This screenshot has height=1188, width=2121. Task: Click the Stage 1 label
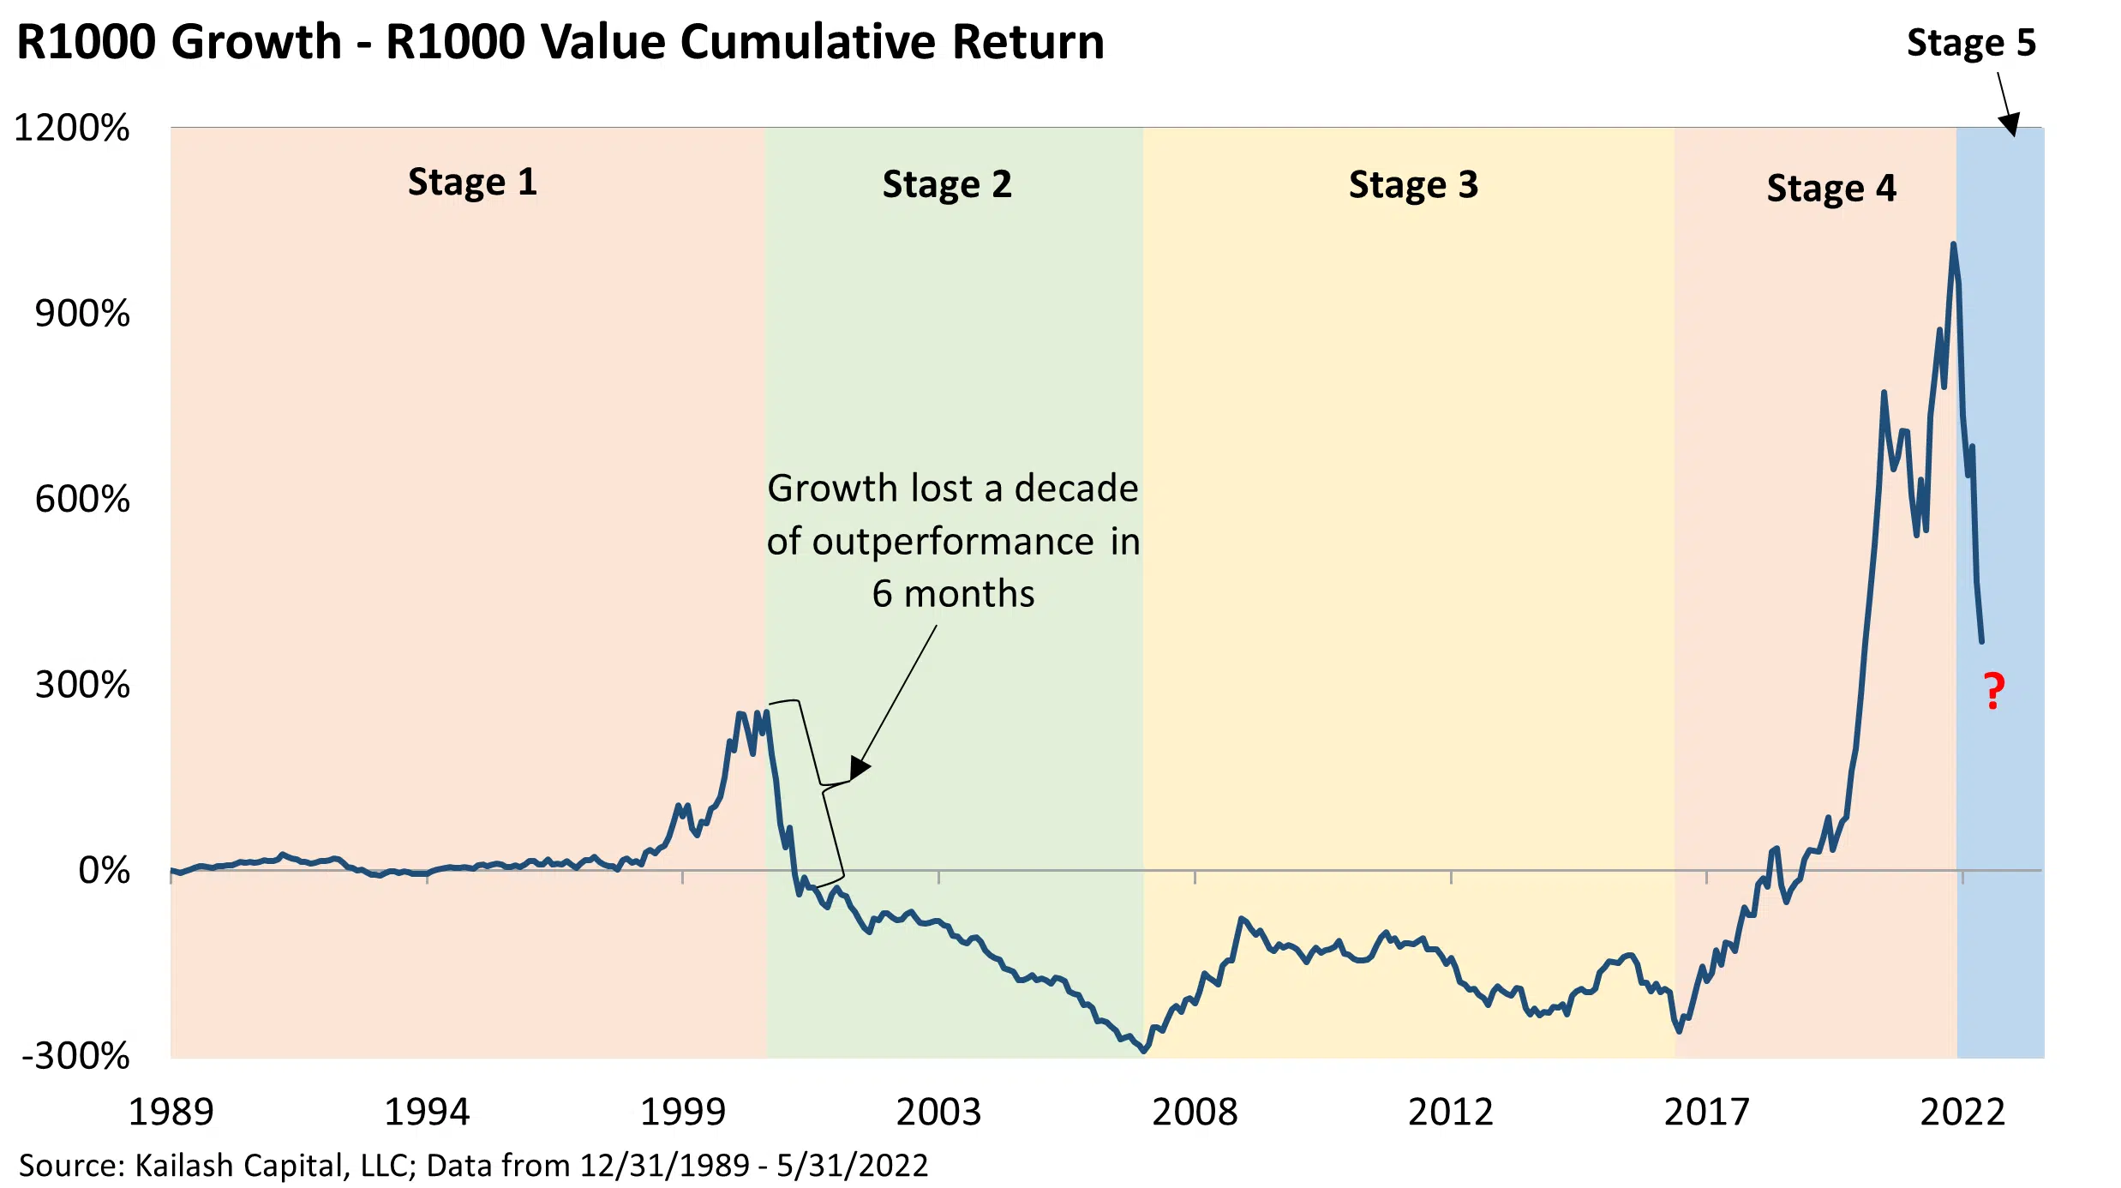(472, 183)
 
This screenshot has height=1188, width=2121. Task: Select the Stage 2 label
(947, 185)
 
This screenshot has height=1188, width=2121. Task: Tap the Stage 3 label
(1413, 185)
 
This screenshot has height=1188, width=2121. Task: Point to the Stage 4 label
(1831, 189)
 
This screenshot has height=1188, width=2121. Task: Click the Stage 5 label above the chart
(1971, 43)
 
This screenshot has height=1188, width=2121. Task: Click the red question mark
(1994, 691)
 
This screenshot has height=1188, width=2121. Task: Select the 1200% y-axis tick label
(72, 129)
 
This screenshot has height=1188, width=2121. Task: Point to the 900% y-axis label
(82, 314)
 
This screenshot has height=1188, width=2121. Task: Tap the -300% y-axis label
(75, 1056)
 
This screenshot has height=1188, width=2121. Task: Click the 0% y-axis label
(104, 871)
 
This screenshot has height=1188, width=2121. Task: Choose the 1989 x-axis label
(171, 1113)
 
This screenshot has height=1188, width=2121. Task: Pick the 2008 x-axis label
(1195, 1113)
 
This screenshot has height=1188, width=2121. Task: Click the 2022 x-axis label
(1962, 1113)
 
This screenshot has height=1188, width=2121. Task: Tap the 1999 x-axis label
(683, 1113)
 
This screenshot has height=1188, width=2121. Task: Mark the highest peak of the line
(1953, 245)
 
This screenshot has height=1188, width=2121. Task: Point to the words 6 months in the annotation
(953, 594)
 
